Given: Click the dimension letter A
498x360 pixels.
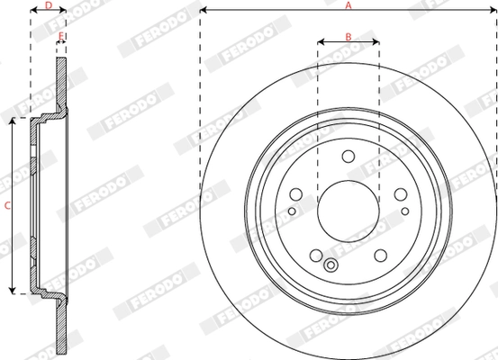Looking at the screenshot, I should coord(348,5).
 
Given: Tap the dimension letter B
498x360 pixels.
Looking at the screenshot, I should coord(349,37).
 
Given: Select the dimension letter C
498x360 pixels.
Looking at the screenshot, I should coord(6,205).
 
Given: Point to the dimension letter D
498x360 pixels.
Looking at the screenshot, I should coord(48,5).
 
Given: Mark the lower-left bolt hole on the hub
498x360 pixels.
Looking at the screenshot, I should coord(315,255).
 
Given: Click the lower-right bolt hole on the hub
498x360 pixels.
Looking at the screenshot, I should coord(381,255).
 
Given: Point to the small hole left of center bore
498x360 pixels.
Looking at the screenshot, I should coord(291,212).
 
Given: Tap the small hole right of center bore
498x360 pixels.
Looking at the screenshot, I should coord(405,212).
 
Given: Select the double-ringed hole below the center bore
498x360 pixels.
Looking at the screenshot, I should coord(330,265).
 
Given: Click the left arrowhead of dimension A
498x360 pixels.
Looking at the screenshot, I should coord(203,11).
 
